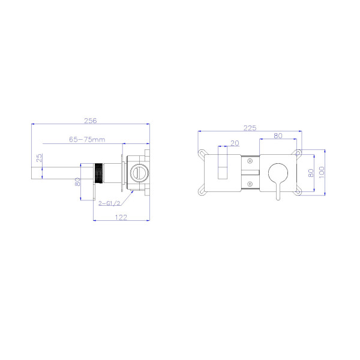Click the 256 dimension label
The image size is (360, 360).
point(91,121)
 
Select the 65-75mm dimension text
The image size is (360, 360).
point(87,140)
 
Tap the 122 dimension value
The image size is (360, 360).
point(121,217)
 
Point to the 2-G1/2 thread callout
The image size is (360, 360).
point(109,203)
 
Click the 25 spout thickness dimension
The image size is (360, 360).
point(39,158)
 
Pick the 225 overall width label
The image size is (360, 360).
point(250,128)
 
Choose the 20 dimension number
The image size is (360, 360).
point(235,143)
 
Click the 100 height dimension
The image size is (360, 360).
point(322,172)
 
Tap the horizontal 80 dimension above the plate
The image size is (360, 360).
point(278,136)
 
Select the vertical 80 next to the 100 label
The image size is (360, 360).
point(311,173)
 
